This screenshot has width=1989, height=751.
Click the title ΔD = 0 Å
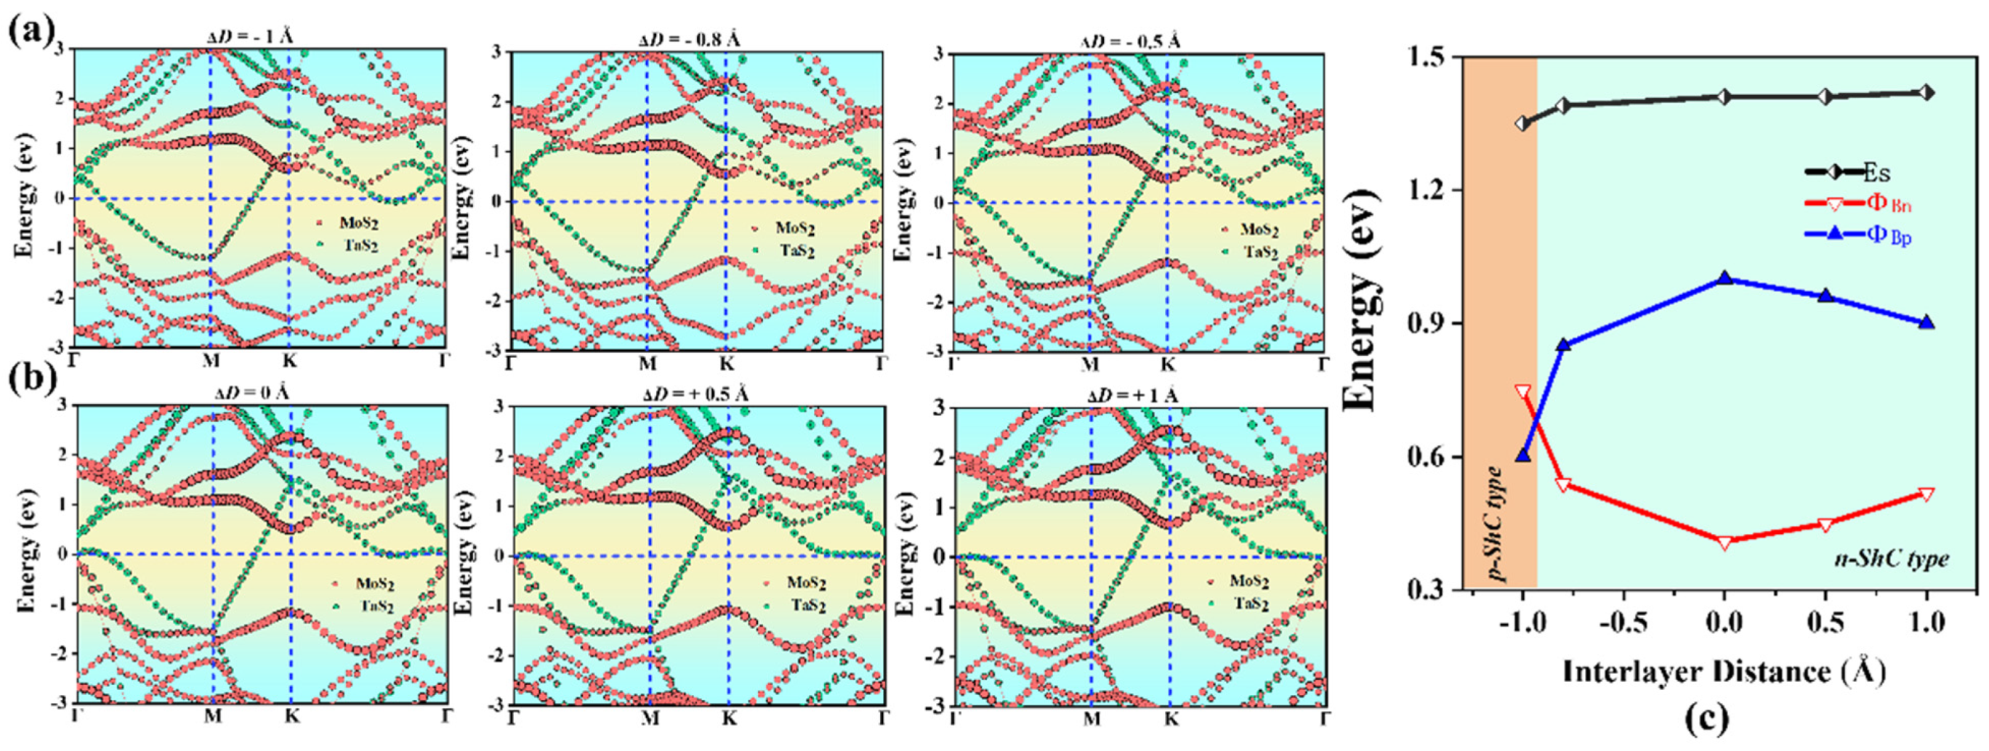251,392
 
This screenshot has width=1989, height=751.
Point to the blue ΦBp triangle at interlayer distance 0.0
1724,278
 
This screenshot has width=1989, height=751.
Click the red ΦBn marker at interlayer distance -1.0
1522,391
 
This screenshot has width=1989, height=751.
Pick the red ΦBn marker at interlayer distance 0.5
1825,525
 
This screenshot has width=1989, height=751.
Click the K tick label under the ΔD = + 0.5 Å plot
729,718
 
